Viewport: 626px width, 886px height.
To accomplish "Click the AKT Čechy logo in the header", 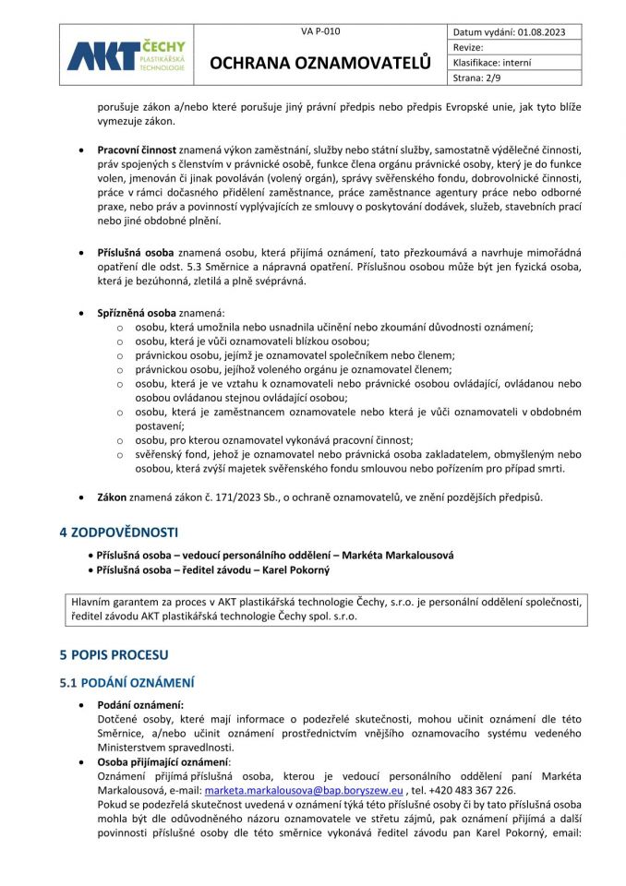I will pyautogui.click(x=126, y=55).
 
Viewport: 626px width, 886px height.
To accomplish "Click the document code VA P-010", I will pyautogui.click(x=320, y=31).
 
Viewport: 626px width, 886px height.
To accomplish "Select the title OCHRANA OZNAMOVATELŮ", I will pyautogui.click(x=320, y=62).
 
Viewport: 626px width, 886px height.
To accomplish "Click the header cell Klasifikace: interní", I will pyautogui.click(x=505, y=63).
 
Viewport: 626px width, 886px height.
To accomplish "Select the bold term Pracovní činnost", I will pyautogui.click(x=138, y=149).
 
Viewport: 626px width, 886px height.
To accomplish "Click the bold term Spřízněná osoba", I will pyautogui.click(x=137, y=313).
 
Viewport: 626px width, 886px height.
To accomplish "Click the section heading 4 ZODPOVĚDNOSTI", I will pyautogui.click(x=119, y=533).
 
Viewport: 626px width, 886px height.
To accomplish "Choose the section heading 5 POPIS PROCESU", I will pyautogui.click(x=114, y=654).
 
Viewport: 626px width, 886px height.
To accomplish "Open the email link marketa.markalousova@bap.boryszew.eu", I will pyautogui.click(x=304, y=791).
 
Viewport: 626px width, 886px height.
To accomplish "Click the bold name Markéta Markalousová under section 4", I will pyautogui.click(x=401, y=555).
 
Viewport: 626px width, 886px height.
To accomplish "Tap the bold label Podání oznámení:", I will pyautogui.click(x=140, y=704).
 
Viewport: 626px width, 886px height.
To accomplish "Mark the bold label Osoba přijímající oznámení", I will pyautogui.click(x=163, y=761).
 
